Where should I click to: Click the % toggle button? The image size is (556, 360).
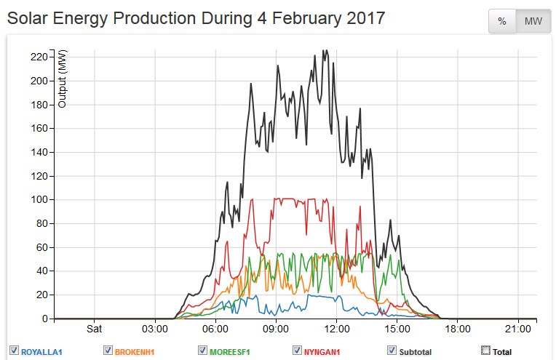pos(502,22)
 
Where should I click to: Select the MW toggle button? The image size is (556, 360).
pos(533,22)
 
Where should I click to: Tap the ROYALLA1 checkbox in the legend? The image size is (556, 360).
pos(14,351)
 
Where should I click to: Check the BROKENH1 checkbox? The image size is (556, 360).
pos(108,351)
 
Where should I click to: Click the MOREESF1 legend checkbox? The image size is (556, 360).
pos(202,351)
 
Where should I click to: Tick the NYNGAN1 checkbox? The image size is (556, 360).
pos(297,351)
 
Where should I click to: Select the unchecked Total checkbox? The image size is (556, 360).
pos(485,351)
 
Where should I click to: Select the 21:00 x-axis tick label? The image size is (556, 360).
pos(517,328)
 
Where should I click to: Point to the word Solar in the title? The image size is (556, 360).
pos(28,17)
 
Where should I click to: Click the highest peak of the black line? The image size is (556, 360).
pos(325,51)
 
